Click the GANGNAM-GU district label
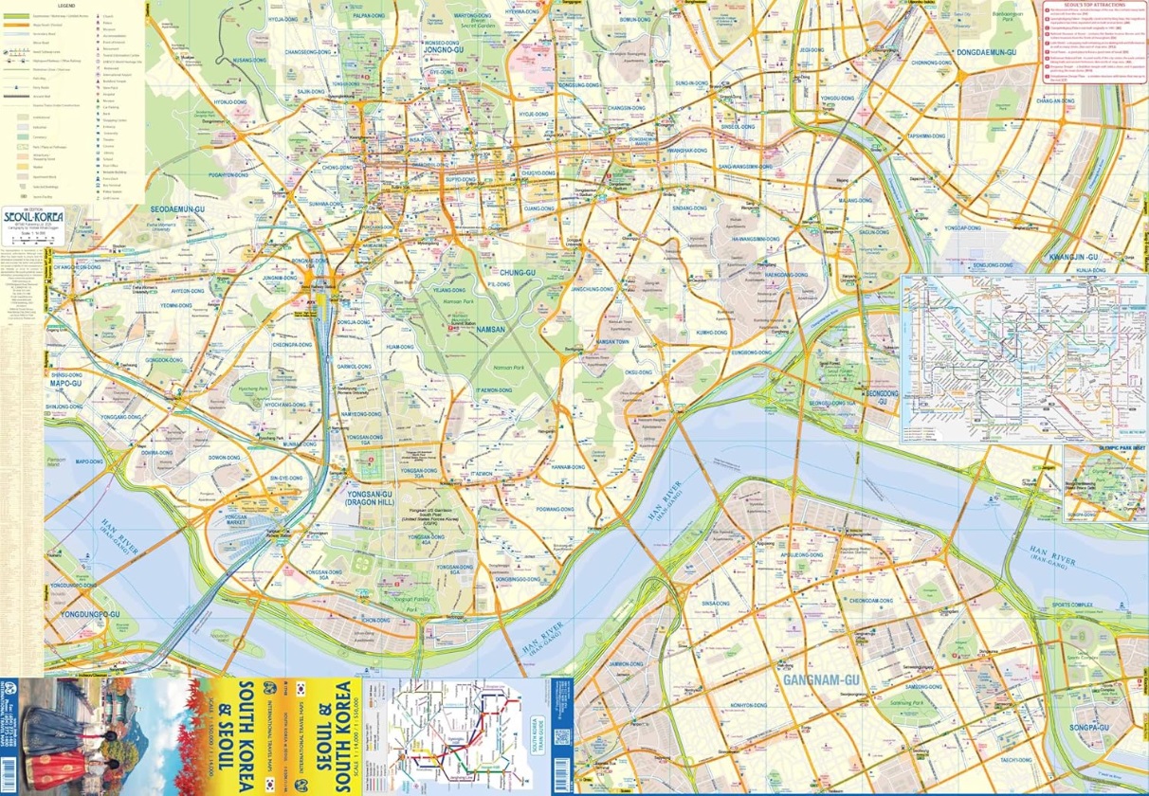[x=820, y=679]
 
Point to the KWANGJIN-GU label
[x=1072, y=257]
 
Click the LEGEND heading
[x=78, y=6]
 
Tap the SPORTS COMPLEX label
[x=1072, y=604]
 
